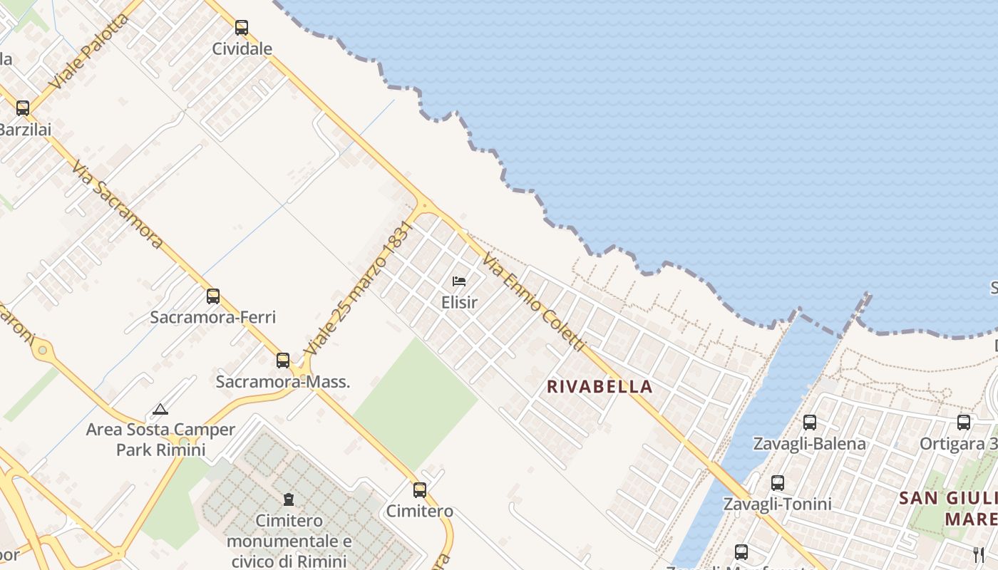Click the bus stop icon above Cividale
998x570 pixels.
coord(242,28)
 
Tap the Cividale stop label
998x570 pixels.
coord(242,49)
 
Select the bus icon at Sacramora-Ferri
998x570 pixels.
coord(212,296)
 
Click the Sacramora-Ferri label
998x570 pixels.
coord(212,317)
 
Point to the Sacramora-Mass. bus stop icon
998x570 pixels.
coord(283,361)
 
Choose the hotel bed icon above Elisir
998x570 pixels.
coord(459,281)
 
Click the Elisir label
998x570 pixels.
coord(459,302)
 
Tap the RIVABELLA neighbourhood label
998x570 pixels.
coord(600,387)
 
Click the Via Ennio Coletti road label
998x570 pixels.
coord(533,303)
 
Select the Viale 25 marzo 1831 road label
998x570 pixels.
coord(359,289)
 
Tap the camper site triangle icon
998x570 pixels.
coord(160,410)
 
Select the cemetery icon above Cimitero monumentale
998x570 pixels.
coord(289,499)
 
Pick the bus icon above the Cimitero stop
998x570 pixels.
coord(420,490)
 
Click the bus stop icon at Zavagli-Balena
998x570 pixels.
coord(810,423)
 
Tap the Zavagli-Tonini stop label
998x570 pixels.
coord(777,504)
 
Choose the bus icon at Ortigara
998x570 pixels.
coord(964,423)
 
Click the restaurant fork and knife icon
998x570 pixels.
coord(979,554)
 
